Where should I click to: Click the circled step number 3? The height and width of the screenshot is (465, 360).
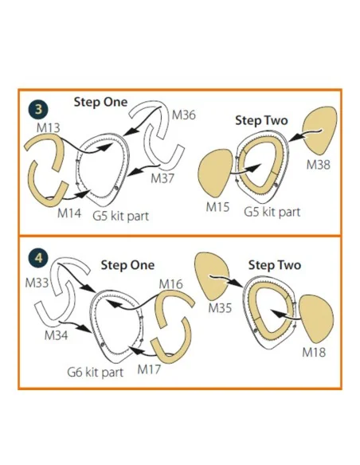click(x=38, y=109)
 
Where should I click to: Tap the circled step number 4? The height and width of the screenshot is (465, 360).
click(x=38, y=258)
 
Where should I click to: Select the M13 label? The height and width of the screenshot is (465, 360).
click(x=49, y=128)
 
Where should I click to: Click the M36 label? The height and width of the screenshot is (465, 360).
click(x=184, y=115)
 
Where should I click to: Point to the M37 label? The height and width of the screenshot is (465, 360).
click(x=162, y=178)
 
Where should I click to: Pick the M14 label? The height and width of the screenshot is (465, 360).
click(x=69, y=213)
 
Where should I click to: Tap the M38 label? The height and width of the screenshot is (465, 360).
click(x=319, y=164)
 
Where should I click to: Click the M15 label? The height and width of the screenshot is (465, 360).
click(x=218, y=207)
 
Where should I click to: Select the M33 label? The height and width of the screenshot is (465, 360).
click(x=37, y=283)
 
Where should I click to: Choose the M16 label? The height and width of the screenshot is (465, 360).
click(x=171, y=284)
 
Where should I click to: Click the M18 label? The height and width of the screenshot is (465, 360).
click(x=314, y=352)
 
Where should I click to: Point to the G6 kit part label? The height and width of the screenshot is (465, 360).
click(x=96, y=372)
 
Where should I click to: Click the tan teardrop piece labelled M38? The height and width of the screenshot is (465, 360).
click(x=319, y=131)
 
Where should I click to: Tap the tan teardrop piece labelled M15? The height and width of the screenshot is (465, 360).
click(x=215, y=174)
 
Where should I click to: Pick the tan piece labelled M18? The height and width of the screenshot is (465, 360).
click(x=316, y=318)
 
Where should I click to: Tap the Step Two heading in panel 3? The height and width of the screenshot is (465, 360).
click(x=261, y=120)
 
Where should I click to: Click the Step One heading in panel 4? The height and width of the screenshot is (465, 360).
click(x=127, y=265)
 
